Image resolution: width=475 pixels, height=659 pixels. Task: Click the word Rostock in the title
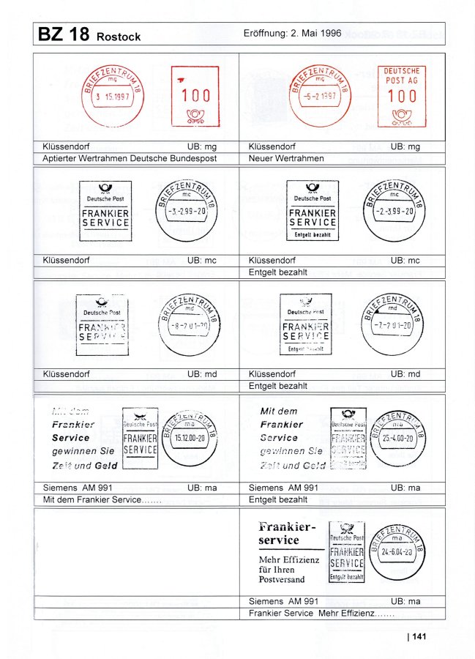coord(118,37)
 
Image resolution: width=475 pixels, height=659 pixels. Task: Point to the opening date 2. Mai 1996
coord(311,34)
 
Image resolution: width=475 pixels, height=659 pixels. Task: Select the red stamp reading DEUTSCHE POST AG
coord(402,96)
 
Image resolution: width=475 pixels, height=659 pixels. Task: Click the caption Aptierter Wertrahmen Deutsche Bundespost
coord(130,158)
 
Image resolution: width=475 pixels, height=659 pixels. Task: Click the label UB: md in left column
coord(202,374)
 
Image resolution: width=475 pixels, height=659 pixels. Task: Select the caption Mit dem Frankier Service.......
coord(102,499)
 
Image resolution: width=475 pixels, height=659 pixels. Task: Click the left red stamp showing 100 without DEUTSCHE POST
coord(195,96)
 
